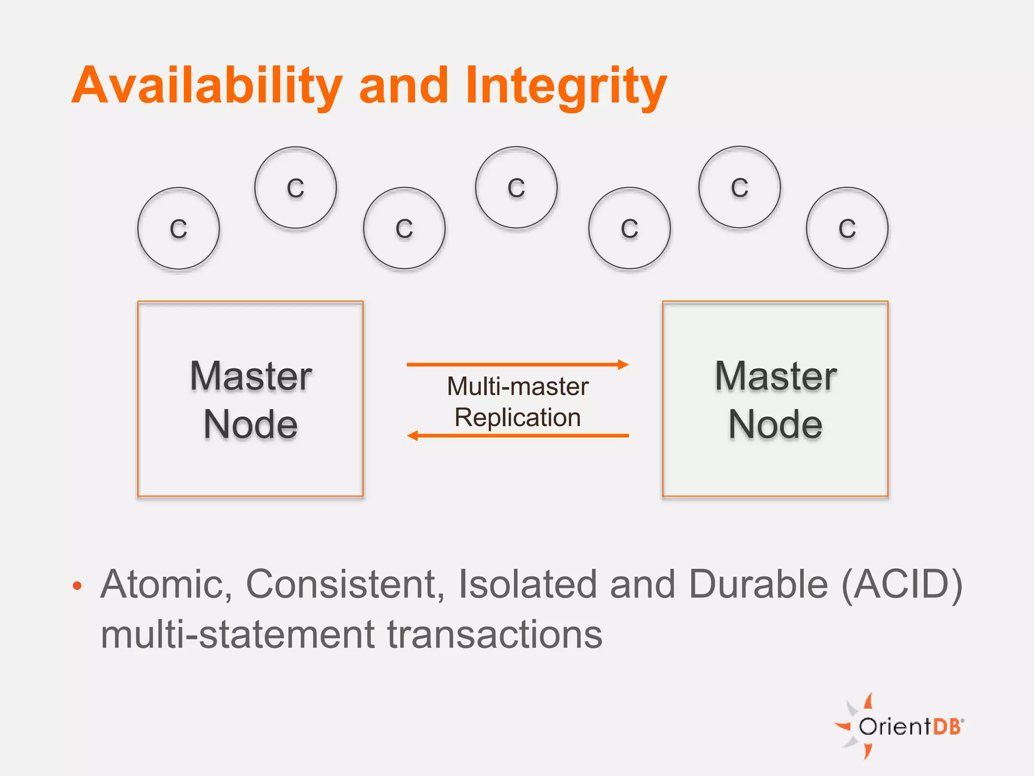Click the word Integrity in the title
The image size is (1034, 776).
point(565,87)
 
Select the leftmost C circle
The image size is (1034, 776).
point(178,228)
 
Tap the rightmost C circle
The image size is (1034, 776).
point(847,228)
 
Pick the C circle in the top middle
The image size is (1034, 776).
point(516,187)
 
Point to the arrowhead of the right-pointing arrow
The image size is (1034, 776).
point(624,364)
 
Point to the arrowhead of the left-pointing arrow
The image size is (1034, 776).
point(412,435)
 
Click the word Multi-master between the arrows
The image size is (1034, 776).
point(518,386)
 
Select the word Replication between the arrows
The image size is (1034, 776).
point(518,418)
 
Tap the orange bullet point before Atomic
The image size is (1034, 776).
point(77,586)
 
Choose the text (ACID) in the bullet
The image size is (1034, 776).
point(902,585)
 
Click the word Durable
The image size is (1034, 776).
point(758,584)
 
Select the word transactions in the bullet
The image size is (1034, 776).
point(495,635)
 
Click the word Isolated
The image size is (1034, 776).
point(528,584)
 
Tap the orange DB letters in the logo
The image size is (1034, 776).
point(946,726)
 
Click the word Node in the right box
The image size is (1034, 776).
point(775,424)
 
